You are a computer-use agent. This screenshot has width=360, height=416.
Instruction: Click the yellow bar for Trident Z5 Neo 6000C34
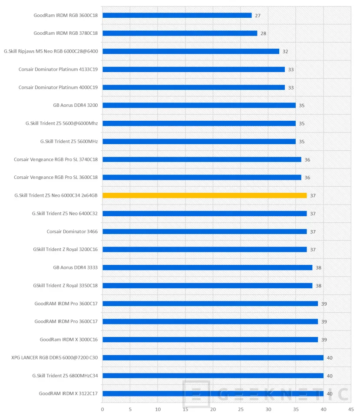click(x=205, y=195)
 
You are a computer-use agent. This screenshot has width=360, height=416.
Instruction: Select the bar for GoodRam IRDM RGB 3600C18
click(x=177, y=15)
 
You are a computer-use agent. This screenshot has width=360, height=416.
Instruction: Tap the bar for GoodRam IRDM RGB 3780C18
click(x=180, y=33)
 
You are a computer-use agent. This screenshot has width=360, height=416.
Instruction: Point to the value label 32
click(x=285, y=52)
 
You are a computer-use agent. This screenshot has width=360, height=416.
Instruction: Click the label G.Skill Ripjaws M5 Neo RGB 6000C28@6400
click(x=51, y=51)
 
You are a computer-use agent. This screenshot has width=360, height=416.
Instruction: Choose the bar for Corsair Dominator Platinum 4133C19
click(x=194, y=69)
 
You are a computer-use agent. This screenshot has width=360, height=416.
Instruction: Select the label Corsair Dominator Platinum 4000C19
click(x=58, y=87)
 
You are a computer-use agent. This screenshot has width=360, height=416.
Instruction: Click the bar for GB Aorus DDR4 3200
click(x=199, y=105)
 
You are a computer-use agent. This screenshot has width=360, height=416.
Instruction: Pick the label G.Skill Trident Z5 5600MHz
click(x=69, y=141)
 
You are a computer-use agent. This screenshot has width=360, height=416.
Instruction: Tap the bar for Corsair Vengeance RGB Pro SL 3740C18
click(x=202, y=159)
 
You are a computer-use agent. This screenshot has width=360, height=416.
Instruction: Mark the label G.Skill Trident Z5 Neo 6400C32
click(x=65, y=214)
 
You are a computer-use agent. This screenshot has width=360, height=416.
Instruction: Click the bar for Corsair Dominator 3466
click(x=205, y=231)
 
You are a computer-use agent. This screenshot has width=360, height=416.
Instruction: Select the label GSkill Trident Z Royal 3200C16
click(x=65, y=250)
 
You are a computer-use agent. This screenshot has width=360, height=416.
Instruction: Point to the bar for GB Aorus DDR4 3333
click(x=207, y=267)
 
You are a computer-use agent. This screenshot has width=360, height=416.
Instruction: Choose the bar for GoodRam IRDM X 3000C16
click(x=210, y=340)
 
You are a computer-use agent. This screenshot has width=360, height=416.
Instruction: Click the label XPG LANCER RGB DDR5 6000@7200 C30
click(x=55, y=358)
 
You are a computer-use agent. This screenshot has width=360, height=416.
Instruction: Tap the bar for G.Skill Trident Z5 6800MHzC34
click(x=213, y=376)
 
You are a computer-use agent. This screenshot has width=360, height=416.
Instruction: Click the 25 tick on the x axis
click(x=241, y=409)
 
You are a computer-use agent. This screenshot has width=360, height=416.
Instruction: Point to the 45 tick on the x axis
click(x=351, y=409)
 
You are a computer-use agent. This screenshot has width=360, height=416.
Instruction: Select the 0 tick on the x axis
click(x=102, y=409)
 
